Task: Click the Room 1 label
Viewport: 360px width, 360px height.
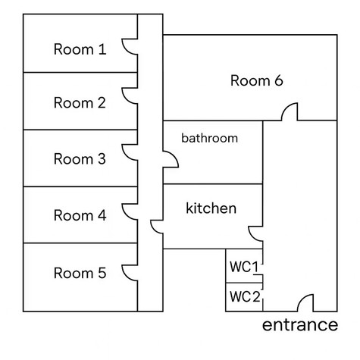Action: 80,49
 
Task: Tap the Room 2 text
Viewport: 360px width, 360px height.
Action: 80,103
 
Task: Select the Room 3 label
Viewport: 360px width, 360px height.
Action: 80,159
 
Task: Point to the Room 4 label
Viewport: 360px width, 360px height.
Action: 80,215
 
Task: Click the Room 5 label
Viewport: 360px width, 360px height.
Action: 80,273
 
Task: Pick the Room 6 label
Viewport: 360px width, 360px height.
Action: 257,80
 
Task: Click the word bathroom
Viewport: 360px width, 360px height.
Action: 210,138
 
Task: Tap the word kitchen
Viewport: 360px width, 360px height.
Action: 211,208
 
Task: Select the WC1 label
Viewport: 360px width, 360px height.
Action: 244,267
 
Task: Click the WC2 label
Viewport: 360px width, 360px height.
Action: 245,296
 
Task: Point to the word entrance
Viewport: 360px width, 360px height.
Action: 300,325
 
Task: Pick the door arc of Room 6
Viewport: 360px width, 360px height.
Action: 286,107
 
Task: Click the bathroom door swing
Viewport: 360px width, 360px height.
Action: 175,156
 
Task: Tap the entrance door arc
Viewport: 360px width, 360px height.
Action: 302,299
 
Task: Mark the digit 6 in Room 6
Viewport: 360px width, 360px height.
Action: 279,80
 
